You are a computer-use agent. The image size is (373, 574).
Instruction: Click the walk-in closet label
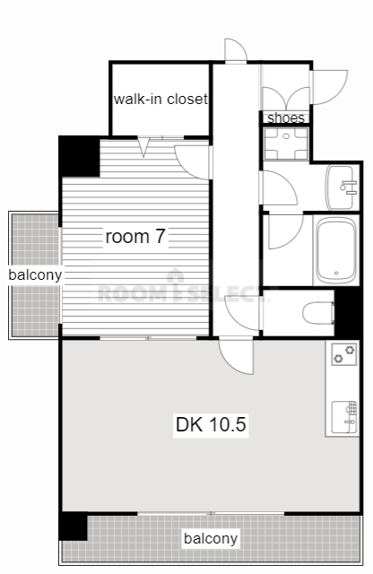pyautogui.click(x=160, y=99)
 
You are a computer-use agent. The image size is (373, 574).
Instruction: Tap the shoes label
pyautogui.click(x=286, y=117)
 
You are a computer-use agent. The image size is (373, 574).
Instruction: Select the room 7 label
pyautogui.click(x=135, y=237)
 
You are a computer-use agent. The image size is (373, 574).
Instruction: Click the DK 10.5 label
pyautogui.click(x=211, y=424)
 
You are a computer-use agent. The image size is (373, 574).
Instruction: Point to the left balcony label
pyautogui.click(x=35, y=274)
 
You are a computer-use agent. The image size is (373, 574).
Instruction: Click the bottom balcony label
pyautogui.click(x=211, y=538)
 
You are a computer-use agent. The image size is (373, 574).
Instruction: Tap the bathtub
pyautogui.click(x=336, y=251)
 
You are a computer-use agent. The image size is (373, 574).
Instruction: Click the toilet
pyautogui.click(x=318, y=313)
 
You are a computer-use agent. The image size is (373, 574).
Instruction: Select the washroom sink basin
pyautogui.click(x=341, y=187)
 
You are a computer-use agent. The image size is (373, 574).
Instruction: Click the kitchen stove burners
pyautogui.click(x=344, y=354)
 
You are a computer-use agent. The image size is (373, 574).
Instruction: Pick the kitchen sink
pyautogui.click(x=344, y=417)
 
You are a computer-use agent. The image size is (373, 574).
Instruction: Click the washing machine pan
pyautogui.click(x=286, y=143)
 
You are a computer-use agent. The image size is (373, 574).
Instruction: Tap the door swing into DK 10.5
pyautogui.click(x=236, y=357)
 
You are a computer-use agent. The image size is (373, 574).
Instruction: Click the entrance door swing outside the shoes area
pyautogui.click(x=329, y=87)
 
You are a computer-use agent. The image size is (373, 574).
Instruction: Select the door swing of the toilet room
pyautogui.click(x=241, y=314)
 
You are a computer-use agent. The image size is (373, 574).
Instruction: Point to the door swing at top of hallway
pyautogui.click(x=236, y=50)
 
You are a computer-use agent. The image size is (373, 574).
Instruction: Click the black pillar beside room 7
pyautogui.click(x=80, y=156)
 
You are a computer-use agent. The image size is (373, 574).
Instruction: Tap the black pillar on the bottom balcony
pyautogui.click(x=74, y=526)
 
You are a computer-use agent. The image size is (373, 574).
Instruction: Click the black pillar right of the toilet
pyautogui.click(x=349, y=312)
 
